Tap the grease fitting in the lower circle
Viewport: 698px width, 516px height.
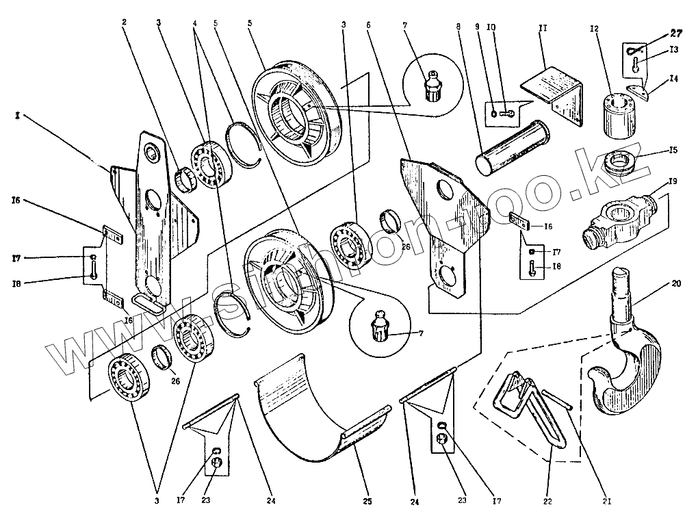[380, 324]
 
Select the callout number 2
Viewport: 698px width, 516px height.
[124, 22]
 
